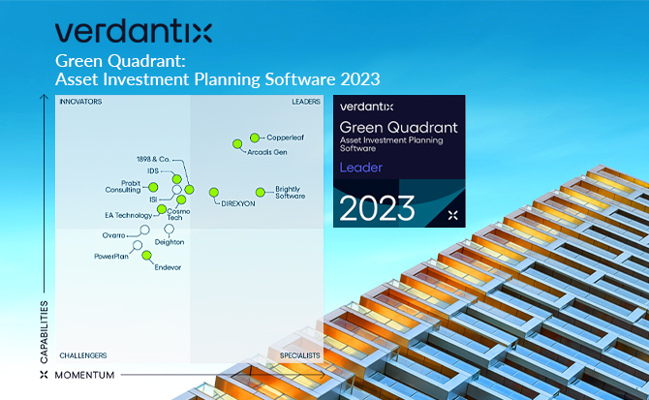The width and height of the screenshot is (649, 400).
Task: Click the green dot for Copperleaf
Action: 255,138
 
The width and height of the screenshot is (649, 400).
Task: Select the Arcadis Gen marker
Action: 237,144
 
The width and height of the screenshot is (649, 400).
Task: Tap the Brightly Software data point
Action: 260,192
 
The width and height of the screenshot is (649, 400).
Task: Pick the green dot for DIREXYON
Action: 214,192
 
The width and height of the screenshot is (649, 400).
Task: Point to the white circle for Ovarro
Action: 145,230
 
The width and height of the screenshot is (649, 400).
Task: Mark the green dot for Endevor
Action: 147,256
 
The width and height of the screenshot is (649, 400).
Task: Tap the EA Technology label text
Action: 128,215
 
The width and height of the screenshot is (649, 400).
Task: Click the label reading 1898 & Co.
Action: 153,159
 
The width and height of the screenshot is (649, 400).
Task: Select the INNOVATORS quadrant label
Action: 80,101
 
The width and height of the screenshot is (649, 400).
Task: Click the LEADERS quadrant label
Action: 306,101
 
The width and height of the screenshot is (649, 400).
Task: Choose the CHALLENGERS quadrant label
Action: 83,355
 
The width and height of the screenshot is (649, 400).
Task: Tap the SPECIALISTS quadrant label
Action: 300,355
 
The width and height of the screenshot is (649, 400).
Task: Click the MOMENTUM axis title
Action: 84,375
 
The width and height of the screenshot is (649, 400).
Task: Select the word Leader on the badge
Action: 360,168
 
